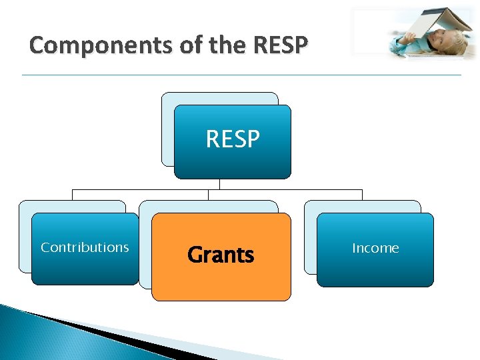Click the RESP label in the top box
click(233, 139)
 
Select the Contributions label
click(85, 247)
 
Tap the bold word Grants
click(221, 255)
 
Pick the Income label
click(375, 248)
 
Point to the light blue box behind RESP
click(167, 127)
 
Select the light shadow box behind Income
click(310, 240)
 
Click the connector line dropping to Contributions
click(72, 195)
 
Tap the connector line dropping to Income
click(362, 195)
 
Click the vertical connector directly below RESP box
click(219, 184)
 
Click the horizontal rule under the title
click(240, 75)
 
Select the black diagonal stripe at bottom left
click(100, 333)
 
